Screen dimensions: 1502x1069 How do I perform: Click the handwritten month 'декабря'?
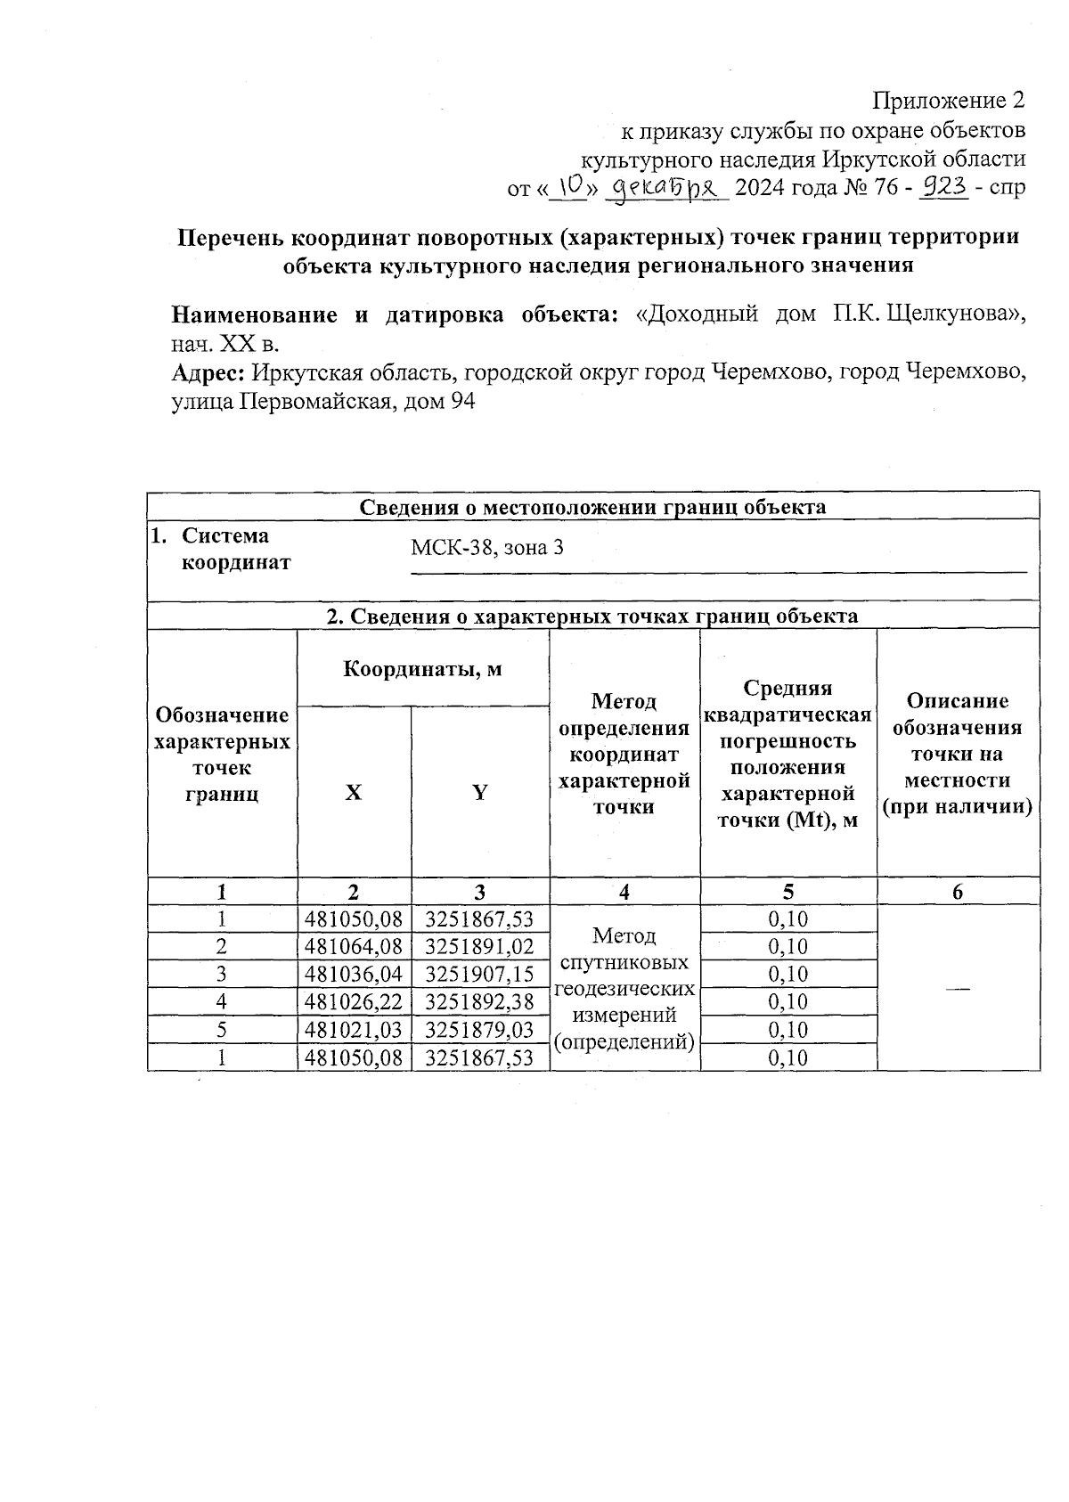pos(667,187)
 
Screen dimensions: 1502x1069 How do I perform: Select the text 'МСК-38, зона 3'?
pos(486,548)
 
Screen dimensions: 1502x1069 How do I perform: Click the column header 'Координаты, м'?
pos(423,668)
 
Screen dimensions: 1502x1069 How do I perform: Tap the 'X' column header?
pos(354,792)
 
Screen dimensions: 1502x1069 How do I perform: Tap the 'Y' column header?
pos(480,792)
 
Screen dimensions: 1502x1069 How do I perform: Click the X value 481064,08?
pos(354,946)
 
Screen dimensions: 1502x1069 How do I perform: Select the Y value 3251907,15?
pos(480,974)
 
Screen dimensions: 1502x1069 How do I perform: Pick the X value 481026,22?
pos(354,1001)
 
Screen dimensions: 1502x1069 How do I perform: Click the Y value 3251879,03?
pos(480,1030)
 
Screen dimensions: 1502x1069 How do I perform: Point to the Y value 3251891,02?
pos(480,946)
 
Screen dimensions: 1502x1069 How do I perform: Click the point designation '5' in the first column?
pos(221,1030)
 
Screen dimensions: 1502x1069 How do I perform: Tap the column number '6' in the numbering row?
pos(958,892)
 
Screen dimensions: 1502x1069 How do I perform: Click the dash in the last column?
pos(958,989)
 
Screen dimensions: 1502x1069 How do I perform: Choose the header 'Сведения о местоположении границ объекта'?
pos(592,507)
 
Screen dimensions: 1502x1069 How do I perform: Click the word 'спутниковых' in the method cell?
pos(624,963)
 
